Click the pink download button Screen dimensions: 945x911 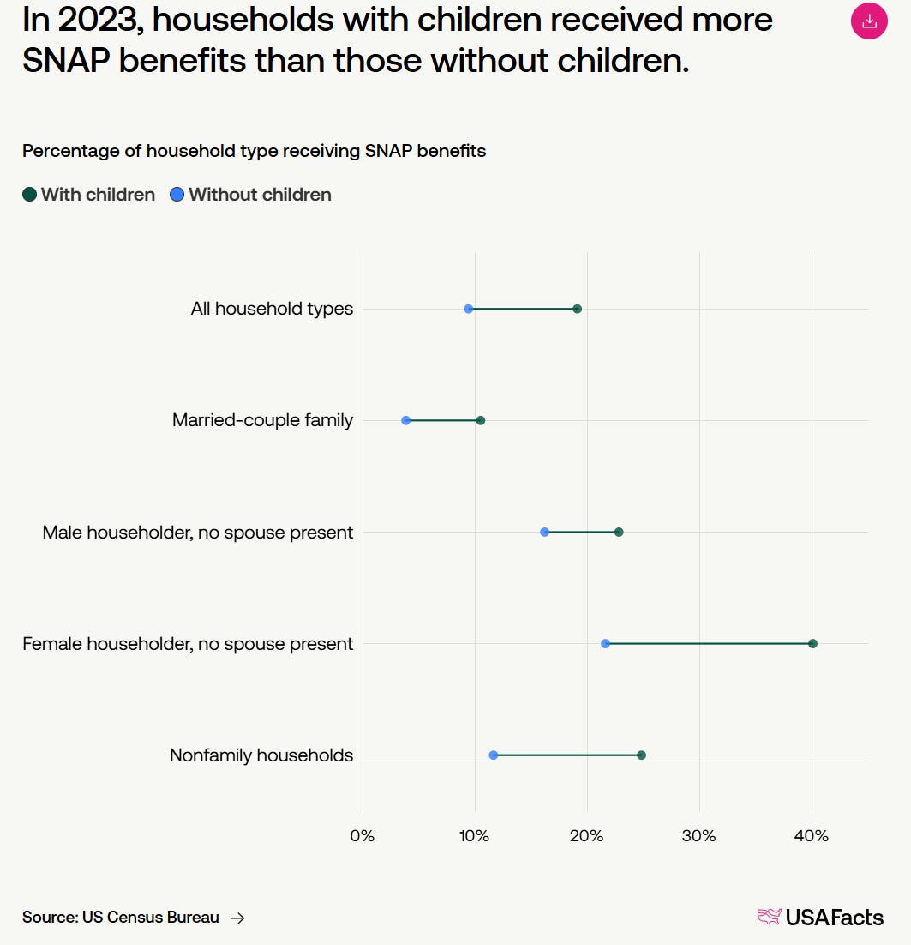(x=869, y=21)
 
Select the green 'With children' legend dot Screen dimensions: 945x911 (x=30, y=195)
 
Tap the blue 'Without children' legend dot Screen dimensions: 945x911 (x=177, y=195)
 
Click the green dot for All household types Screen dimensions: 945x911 (x=577, y=309)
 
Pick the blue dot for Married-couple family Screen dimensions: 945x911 (x=405, y=420)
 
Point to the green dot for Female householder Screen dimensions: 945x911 (x=812, y=643)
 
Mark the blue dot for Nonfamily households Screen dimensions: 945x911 (x=493, y=755)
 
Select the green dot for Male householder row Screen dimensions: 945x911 (x=619, y=532)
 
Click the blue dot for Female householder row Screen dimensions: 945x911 (x=605, y=643)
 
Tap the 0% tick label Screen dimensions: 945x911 (x=363, y=835)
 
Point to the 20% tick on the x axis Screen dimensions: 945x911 (x=587, y=835)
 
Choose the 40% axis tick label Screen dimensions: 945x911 (x=812, y=835)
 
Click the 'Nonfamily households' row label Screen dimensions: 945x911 (x=261, y=755)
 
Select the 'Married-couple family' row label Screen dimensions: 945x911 (x=262, y=420)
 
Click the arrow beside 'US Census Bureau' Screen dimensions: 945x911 (x=237, y=918)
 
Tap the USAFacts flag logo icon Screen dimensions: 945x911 (x=769, y=917)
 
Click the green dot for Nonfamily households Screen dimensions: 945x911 (x=641, y=755)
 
